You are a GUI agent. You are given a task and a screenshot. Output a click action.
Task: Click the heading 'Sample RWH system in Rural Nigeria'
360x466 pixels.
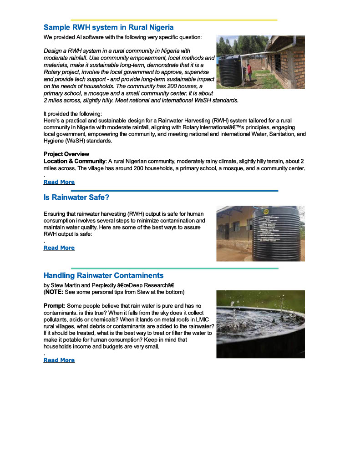109,27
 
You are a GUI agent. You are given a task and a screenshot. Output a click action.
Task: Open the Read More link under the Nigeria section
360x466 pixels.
59,182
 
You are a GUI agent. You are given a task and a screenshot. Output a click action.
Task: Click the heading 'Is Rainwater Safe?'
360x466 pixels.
76,198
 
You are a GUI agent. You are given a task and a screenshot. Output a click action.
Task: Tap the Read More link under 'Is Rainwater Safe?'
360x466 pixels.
59,248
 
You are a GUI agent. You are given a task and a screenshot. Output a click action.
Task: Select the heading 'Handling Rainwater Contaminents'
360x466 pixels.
103,275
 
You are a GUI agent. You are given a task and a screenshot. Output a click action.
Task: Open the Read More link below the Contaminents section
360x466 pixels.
59,360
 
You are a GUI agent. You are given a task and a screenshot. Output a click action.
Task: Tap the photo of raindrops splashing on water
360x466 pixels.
260,324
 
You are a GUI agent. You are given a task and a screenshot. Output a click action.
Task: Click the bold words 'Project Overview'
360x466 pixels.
66,154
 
